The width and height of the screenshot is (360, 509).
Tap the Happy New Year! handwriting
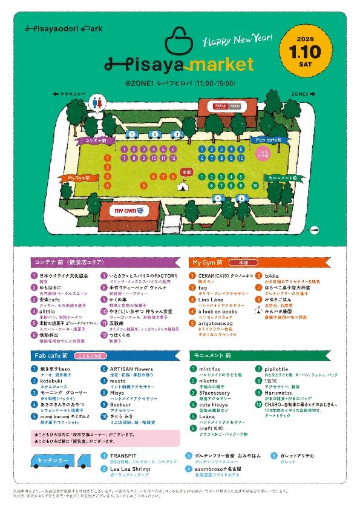236,40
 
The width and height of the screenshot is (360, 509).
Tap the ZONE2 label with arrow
303,94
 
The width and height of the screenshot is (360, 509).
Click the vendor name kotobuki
51,376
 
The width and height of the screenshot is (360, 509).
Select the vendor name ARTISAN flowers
131,368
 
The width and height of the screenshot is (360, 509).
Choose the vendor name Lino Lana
211,299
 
